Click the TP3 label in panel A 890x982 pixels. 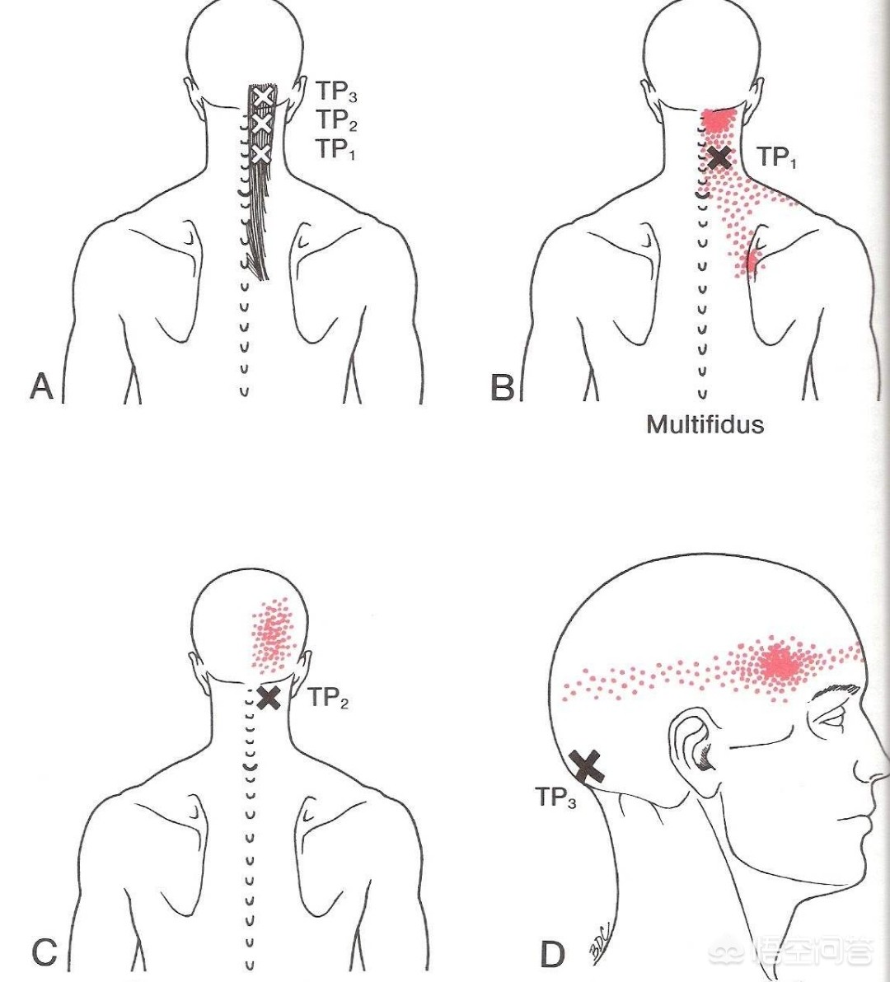click(x=335, y=91)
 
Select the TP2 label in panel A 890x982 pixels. click(x=335, y=120)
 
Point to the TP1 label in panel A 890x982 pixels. click(x=335, y=149)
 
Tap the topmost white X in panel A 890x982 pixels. click(x=263, y=96)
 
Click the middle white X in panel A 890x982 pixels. click(x=261, y=124)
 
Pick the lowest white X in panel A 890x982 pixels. click(x=260, y=153)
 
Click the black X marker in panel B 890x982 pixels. click(x=719, y=157)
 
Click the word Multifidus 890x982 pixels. click(x=705, y=424)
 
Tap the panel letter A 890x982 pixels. click(x=42, y=386)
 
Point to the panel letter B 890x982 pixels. click(x=503, y=387)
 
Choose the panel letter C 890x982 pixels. click(x=44, y=952)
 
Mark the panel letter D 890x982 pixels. click(x=552, y=955)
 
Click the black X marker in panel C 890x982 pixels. click(x=269, y=697)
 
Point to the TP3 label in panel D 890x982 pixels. click(x=555, y=797)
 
